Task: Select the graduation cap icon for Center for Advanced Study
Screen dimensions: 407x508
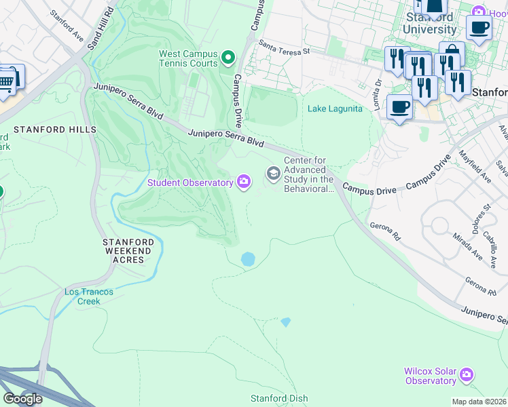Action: pos(273,174)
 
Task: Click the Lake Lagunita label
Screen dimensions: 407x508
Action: pos(335,109)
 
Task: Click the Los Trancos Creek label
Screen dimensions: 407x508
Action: pos(88,296)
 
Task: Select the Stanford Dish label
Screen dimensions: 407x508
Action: pos(279,398)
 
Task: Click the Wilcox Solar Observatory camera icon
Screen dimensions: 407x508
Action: pos(466,374)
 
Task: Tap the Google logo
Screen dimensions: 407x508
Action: pos(22,399)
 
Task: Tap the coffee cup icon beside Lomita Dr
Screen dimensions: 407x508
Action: pos(399,106)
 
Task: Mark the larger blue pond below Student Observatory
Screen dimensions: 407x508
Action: pos(248,258)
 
